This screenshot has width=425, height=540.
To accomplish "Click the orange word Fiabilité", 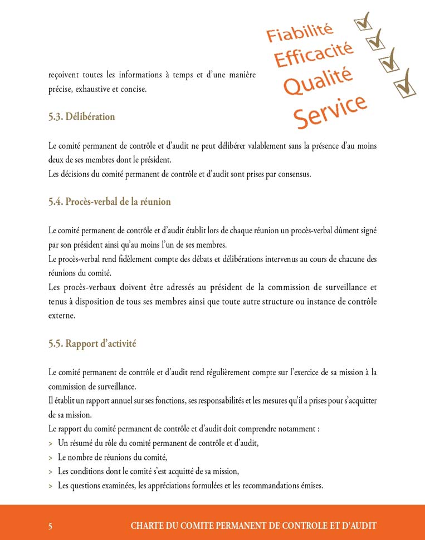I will tap(300, 33).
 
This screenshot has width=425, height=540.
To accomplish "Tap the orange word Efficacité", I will tap(314, 56).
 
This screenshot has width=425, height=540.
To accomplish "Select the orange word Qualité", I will tap(318, 81).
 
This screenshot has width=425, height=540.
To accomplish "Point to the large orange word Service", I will tap(330, 110).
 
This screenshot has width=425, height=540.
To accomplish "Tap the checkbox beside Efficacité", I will tap(376, 40).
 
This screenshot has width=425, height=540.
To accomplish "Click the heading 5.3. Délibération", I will tap(81, 117).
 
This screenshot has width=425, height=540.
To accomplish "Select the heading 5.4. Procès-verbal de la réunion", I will tap(109, 202).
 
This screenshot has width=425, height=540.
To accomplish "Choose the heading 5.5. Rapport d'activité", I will tap(92, 343).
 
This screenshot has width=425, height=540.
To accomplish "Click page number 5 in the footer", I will tap(51, 526).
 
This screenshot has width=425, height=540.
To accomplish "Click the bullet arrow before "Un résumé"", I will tap(51, 444).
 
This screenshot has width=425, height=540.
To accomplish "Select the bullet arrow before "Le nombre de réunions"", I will tap(51, 458).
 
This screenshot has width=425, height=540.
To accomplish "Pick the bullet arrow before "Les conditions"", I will tap(51, 472).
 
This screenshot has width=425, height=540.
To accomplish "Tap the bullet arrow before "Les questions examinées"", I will tap(51, 486).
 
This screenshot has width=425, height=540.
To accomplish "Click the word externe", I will tap(61, 316).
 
